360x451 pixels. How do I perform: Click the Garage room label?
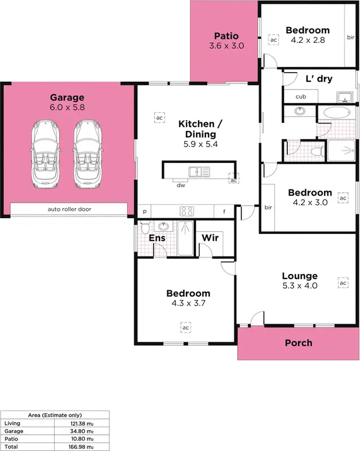tap(67, 98)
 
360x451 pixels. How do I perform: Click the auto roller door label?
tap(69, 209)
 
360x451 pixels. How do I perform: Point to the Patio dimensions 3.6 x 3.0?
tap(226, 46)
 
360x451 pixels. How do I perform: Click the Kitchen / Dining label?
tap(197, 129)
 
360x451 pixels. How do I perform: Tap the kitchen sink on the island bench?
tap(199, 171)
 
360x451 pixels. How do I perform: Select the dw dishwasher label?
tap(181, 185)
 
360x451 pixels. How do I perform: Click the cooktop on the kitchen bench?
tap(186, 211)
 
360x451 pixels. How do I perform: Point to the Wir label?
tap(210, 238)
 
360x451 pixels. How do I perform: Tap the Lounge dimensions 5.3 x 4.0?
tap(300, 286)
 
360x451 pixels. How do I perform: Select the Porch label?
tap(298, 343)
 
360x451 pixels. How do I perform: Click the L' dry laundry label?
tap(318, 79)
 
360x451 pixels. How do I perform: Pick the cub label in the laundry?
tap(300, 96)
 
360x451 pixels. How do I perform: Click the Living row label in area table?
tap(12, 423)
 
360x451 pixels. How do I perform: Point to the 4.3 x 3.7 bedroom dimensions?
tap(188, 303)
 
